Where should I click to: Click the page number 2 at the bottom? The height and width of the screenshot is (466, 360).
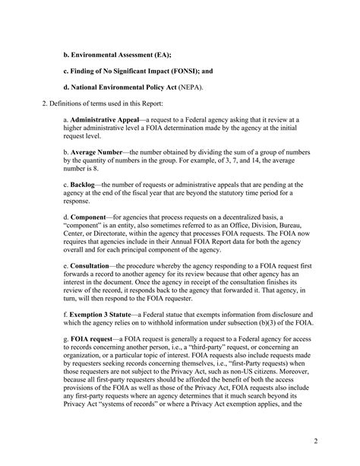point(336,442)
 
